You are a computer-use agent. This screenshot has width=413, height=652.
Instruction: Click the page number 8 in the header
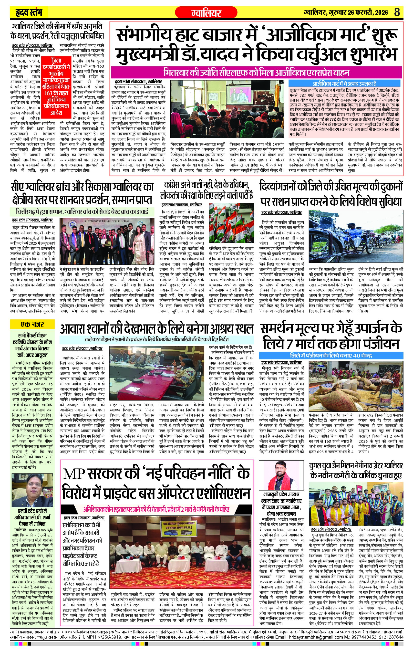(397, 12)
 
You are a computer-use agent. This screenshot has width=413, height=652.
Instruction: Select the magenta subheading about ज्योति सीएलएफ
(256, 73)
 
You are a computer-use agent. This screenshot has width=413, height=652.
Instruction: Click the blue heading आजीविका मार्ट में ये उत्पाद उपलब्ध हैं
(344, 84)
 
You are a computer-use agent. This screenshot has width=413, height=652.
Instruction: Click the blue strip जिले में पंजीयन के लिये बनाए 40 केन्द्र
(331, 355)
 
